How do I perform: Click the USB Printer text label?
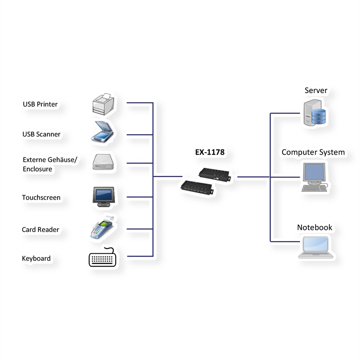(40, 104)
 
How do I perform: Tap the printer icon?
(103, 104)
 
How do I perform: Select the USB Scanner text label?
(41, 134)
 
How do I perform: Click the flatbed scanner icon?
(102, 132)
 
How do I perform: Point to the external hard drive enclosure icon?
(103, 162)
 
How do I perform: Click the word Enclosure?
(37, 169)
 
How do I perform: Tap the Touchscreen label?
(41, 197)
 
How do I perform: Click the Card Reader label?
(40, 229)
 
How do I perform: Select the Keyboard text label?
(36, 258)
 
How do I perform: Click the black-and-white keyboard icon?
(102, 257)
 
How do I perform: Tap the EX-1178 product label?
(210, 152)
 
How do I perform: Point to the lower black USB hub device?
(197, 187)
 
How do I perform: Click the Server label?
(316, 90)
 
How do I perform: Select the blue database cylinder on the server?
(319, 117)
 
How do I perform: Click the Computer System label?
(313, 152)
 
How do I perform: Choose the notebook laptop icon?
(316, 247)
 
